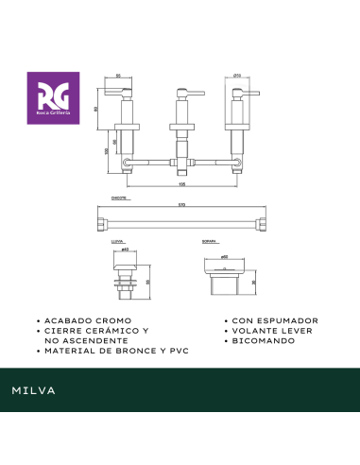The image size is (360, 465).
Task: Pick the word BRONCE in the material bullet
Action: click(x=139, y=350)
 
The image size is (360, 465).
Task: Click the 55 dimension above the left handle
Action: click(x=118, y=75)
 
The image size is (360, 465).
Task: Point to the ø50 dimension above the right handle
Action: click(x=238, y=75)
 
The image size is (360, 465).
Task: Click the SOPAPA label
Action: click(x=210, y=243)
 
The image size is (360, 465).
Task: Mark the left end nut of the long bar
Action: click(x=103, y=225)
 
